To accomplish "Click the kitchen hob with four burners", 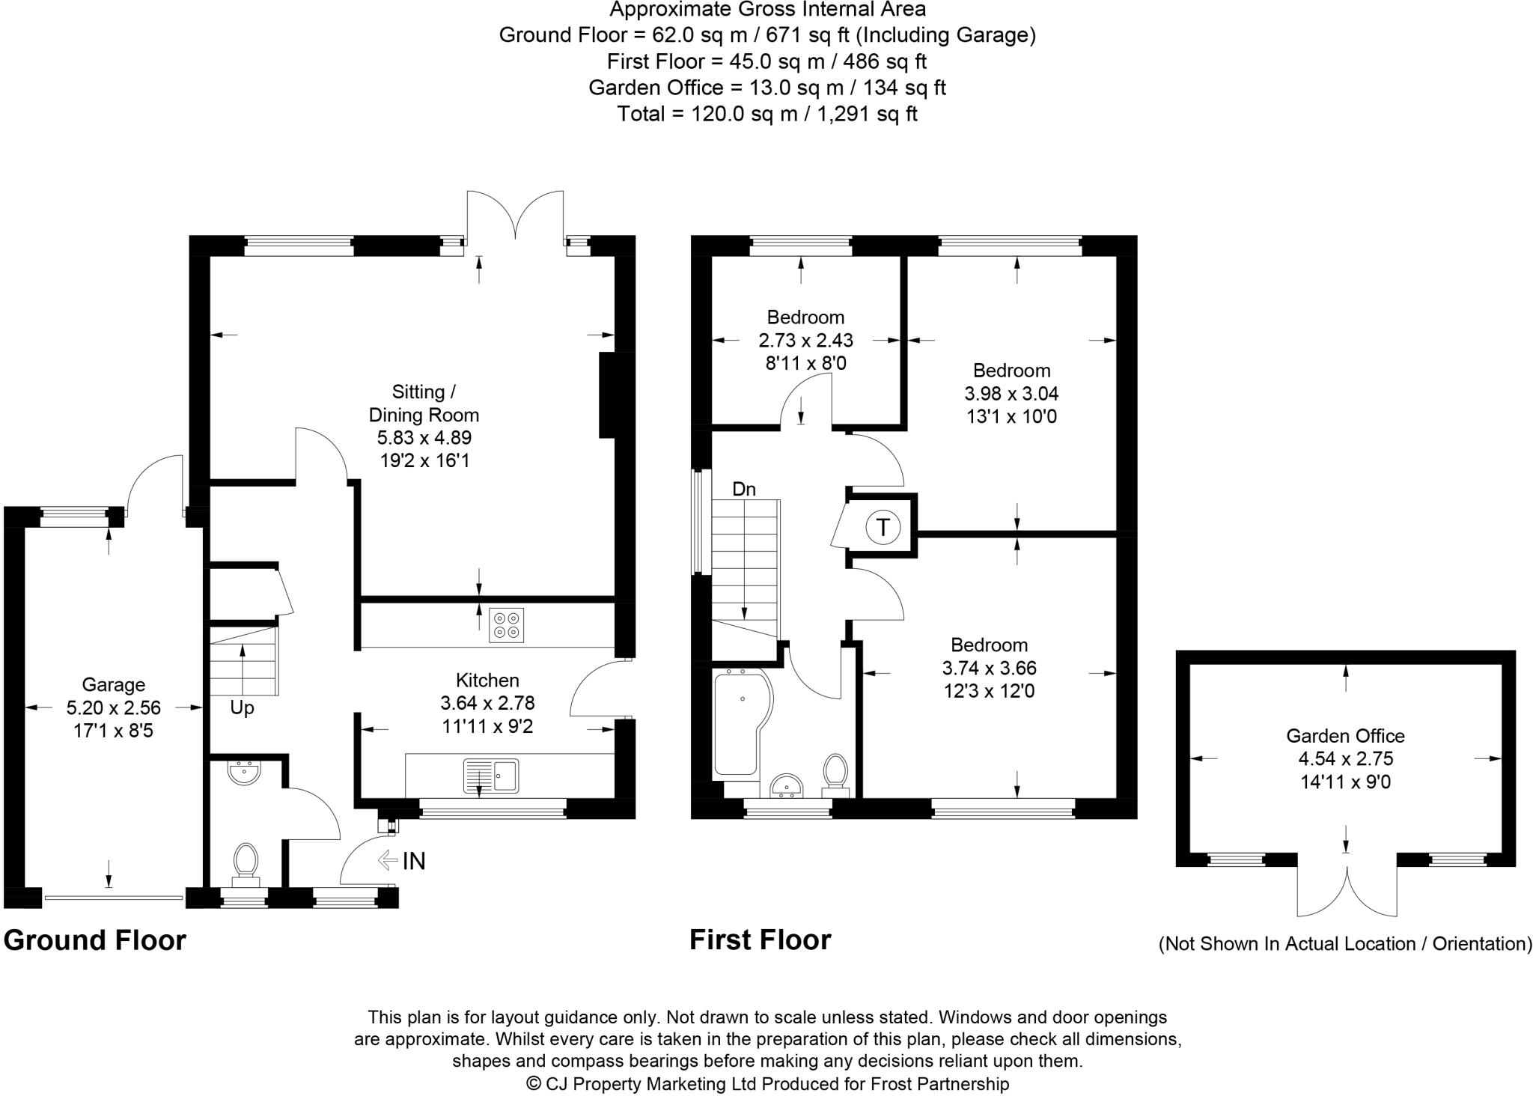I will click(506, 625).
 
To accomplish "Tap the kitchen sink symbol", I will click(491, 775).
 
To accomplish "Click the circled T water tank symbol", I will click(883, 528).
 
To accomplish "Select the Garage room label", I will click(113, 684).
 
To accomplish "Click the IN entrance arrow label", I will click(413, 861).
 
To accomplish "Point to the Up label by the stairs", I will click(242, 707).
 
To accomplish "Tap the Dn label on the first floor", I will click(743, 489).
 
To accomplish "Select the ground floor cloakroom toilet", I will click(246, 861).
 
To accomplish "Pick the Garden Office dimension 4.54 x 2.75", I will click(1345, 758).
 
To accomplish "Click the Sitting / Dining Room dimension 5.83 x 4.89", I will click(424, 437).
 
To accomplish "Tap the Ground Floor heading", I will click(95, 940).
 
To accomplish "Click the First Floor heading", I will click(760, 940).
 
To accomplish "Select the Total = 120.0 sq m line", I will click(766, 114).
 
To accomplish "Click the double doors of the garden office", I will click(1347, 891).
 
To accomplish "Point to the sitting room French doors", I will click(515, 217).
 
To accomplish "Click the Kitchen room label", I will click(487, 680).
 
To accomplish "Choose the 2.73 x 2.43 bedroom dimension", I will click(805, 340).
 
